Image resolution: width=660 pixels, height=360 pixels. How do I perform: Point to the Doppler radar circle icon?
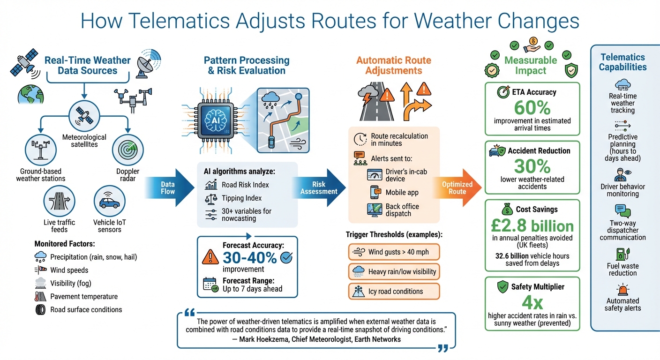point(127,150)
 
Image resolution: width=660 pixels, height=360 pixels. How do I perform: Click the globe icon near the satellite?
point(28,94)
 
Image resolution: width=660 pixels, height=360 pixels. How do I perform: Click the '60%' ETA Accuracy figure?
point(532,108)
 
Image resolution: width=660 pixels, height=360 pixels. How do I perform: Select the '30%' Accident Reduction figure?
point(532,166)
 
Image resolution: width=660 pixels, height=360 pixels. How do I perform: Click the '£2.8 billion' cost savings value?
point(532,226)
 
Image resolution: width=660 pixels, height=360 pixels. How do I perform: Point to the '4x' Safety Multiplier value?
point(532,302)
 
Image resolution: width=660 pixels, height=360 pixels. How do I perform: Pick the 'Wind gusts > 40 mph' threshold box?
point(394,252)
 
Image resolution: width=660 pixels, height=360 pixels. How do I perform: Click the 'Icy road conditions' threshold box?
point(394,291)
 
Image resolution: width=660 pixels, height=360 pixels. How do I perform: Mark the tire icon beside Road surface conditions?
point(41,309)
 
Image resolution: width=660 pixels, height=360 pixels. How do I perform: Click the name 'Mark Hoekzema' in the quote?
point(264,339)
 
